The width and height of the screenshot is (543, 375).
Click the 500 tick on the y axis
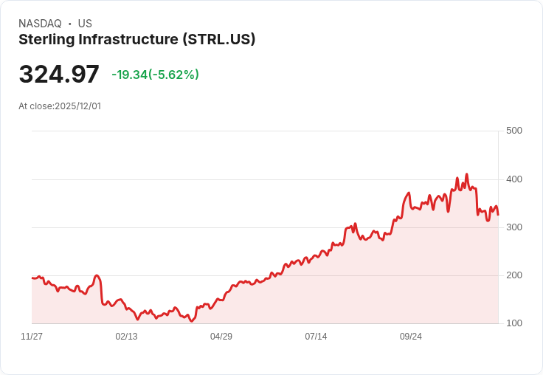click(514, 131)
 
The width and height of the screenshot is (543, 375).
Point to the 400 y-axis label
click(514, 179)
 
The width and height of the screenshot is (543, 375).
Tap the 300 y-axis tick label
click(514, 227)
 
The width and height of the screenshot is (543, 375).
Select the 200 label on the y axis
click(514, 275)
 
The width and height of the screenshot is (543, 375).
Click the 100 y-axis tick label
click(514, 323)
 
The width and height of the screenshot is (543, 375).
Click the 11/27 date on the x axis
click(32, 337)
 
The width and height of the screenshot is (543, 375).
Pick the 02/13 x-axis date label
click(126, 337)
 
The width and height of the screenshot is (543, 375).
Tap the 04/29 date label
click(221, 337)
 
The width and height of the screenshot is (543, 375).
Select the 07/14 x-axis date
click(316, 337)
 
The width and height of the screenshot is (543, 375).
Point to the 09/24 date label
click(411, 337)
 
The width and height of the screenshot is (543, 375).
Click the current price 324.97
click(59, 75)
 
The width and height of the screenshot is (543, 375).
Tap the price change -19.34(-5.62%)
click(155, 75)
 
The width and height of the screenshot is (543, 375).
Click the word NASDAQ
click(40, 24)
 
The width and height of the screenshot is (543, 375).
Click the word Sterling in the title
click(46, 40)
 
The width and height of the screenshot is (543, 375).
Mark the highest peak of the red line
click(466, 175)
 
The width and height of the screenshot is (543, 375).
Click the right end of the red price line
click(498, 215)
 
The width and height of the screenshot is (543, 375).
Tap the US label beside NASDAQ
click(85, 24)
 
